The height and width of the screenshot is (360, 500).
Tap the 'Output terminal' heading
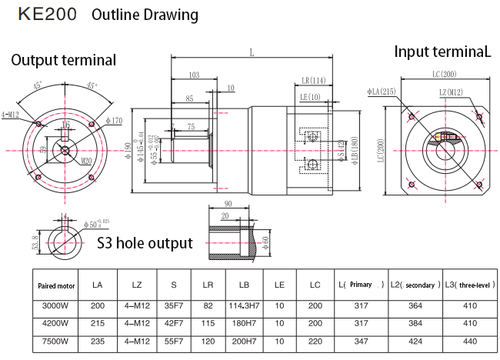[63, 60]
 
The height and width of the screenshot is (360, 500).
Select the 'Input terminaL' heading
[442, 52]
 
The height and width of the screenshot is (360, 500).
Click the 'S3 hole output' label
[145, 243]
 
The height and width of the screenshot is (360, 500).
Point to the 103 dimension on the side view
[194, 75]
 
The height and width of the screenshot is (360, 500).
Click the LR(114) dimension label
[313, 80]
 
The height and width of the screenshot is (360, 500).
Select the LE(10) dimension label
[310, 97]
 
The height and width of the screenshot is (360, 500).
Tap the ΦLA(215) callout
[382, 92]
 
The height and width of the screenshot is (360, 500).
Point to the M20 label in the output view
[86, 162]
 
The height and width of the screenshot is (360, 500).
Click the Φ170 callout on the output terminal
[112, 121]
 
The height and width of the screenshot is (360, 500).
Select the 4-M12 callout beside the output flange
[11, 115]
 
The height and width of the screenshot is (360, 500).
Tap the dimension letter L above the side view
[252, 52]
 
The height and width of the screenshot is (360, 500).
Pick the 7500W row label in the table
[55, 341]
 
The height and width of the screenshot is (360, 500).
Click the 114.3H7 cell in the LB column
[245, 305]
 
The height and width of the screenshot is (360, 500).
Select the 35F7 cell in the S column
[174, 305]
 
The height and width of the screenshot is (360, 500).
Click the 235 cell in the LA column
[97, 341]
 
